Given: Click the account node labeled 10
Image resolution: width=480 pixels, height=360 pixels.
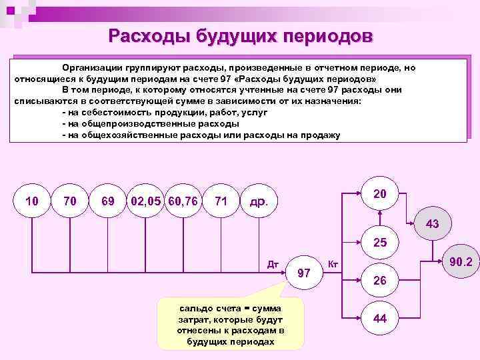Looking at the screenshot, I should (x=31, y=201).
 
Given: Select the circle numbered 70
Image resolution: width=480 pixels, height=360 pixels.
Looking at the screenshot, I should (x=69, y=201).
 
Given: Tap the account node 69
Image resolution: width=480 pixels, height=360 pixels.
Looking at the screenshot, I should (x=107, y=201).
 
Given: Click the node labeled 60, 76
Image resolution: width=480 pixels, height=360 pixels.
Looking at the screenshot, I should (x=183, y=201).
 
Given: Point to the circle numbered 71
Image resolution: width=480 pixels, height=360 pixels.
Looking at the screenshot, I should (x=222, y=201).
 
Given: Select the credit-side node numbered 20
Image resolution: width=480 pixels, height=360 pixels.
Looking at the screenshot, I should (x=381, y=194).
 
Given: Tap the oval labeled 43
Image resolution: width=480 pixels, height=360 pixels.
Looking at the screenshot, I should (x=432, y=224).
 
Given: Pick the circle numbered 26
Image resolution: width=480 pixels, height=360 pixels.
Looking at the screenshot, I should (x=381, y=281).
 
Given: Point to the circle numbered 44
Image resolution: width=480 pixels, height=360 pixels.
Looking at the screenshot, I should (x=381, y=319).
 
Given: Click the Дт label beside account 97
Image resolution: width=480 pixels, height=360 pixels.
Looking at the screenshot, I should (x=272, y=263).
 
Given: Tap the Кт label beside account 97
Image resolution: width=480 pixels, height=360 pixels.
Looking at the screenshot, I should (x=334, y=265).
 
